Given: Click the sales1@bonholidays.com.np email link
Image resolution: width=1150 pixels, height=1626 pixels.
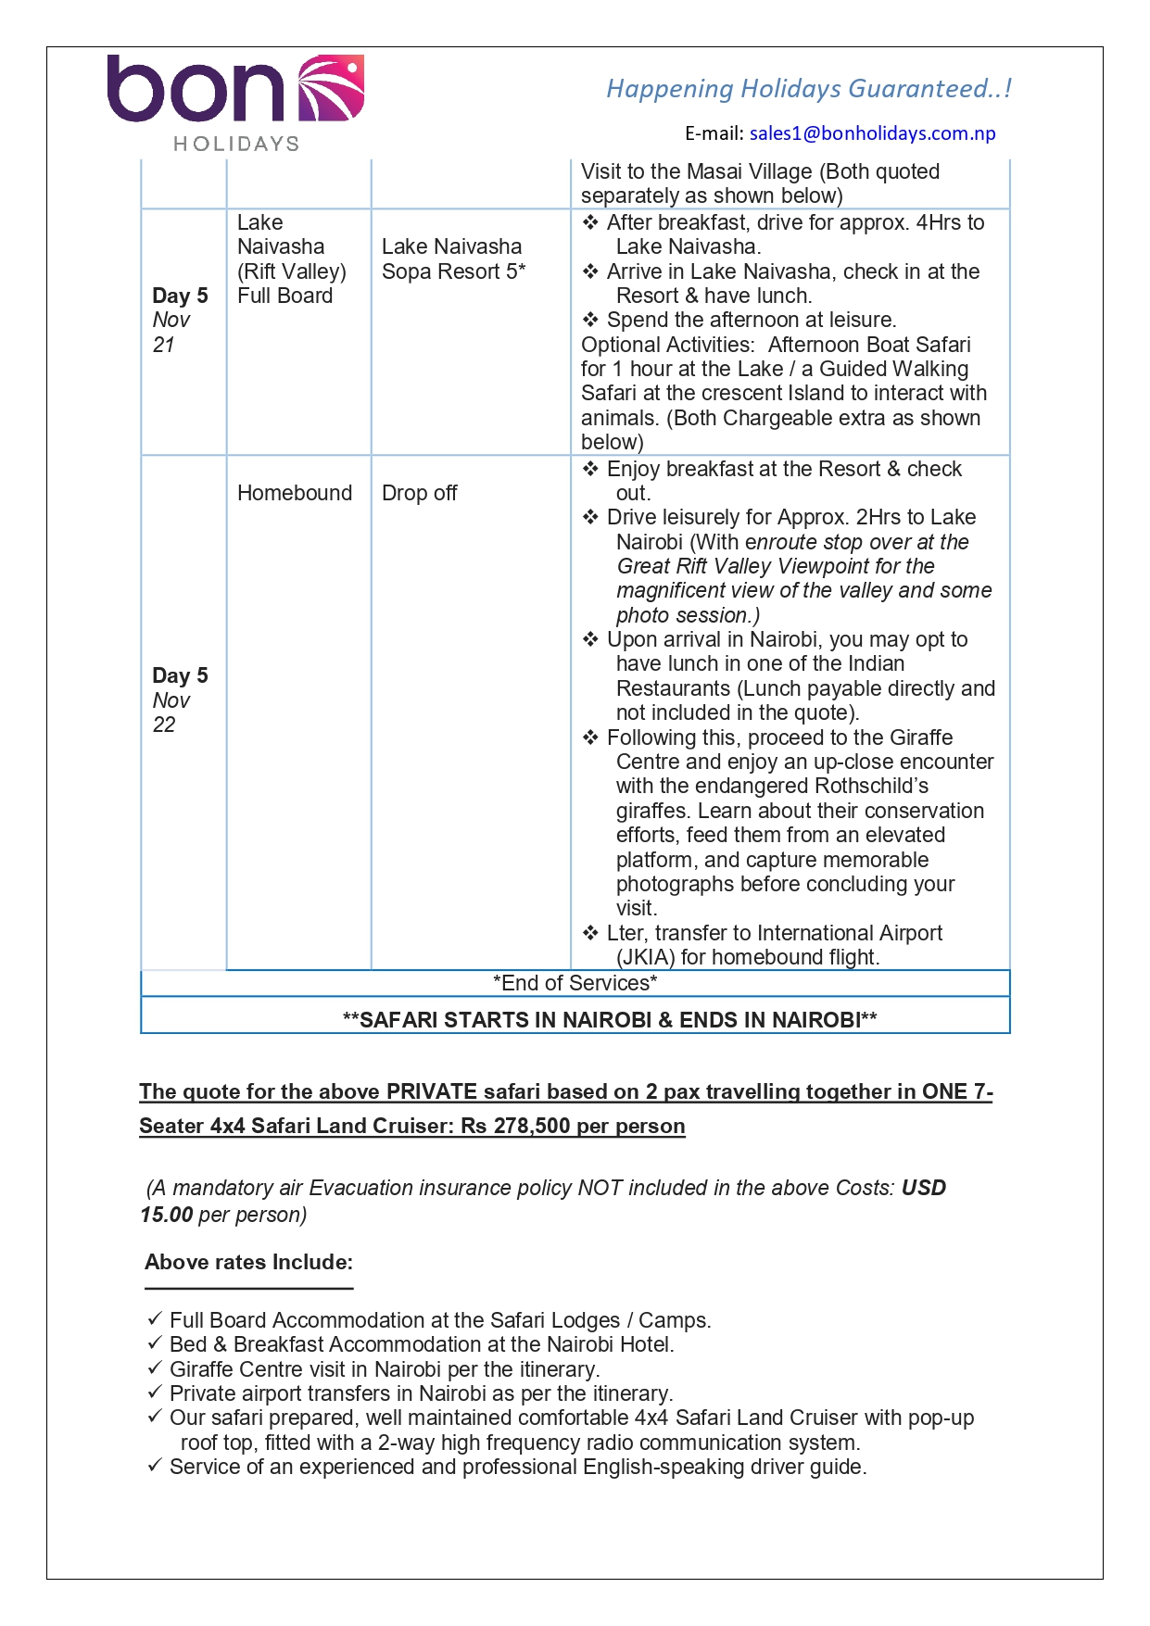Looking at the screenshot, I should click(872, 133).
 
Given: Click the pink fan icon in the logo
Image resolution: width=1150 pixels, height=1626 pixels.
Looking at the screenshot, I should click(331, 89).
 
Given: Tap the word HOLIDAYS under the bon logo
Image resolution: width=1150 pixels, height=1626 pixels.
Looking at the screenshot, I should click(236, 144).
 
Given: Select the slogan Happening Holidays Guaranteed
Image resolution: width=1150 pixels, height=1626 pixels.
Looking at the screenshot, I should click(808, 89).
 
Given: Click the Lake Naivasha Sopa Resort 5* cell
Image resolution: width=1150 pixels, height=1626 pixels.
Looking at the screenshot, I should click(453, 259).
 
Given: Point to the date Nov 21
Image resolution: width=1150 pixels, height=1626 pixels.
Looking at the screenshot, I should click(171, 333).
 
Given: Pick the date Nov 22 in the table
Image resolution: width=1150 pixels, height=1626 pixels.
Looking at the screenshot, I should click(171, 712).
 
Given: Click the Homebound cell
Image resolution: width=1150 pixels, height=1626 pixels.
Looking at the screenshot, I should click(295, 493).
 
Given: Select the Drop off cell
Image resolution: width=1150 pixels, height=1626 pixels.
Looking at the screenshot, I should click(420, 493).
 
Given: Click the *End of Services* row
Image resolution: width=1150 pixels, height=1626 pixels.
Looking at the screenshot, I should click(575, 983).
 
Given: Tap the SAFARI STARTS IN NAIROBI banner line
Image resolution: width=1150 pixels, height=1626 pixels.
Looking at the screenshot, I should click(610, 1020).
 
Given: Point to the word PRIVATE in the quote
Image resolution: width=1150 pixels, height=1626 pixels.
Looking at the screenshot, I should click(432, 1091).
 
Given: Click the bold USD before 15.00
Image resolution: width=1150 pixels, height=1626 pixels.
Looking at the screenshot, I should click(924, 1188).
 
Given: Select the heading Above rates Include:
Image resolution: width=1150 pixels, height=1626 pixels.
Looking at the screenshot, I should click(248, 1262).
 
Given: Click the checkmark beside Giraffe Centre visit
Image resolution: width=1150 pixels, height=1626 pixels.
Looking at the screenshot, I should click(155, 1368).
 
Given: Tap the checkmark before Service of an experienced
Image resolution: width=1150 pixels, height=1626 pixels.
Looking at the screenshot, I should click(155, 1465).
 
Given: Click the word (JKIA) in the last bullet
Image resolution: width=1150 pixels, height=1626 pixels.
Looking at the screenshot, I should click(646, 957).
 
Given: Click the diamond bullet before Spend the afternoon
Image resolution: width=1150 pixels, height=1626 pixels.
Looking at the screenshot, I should click(590, 320).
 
